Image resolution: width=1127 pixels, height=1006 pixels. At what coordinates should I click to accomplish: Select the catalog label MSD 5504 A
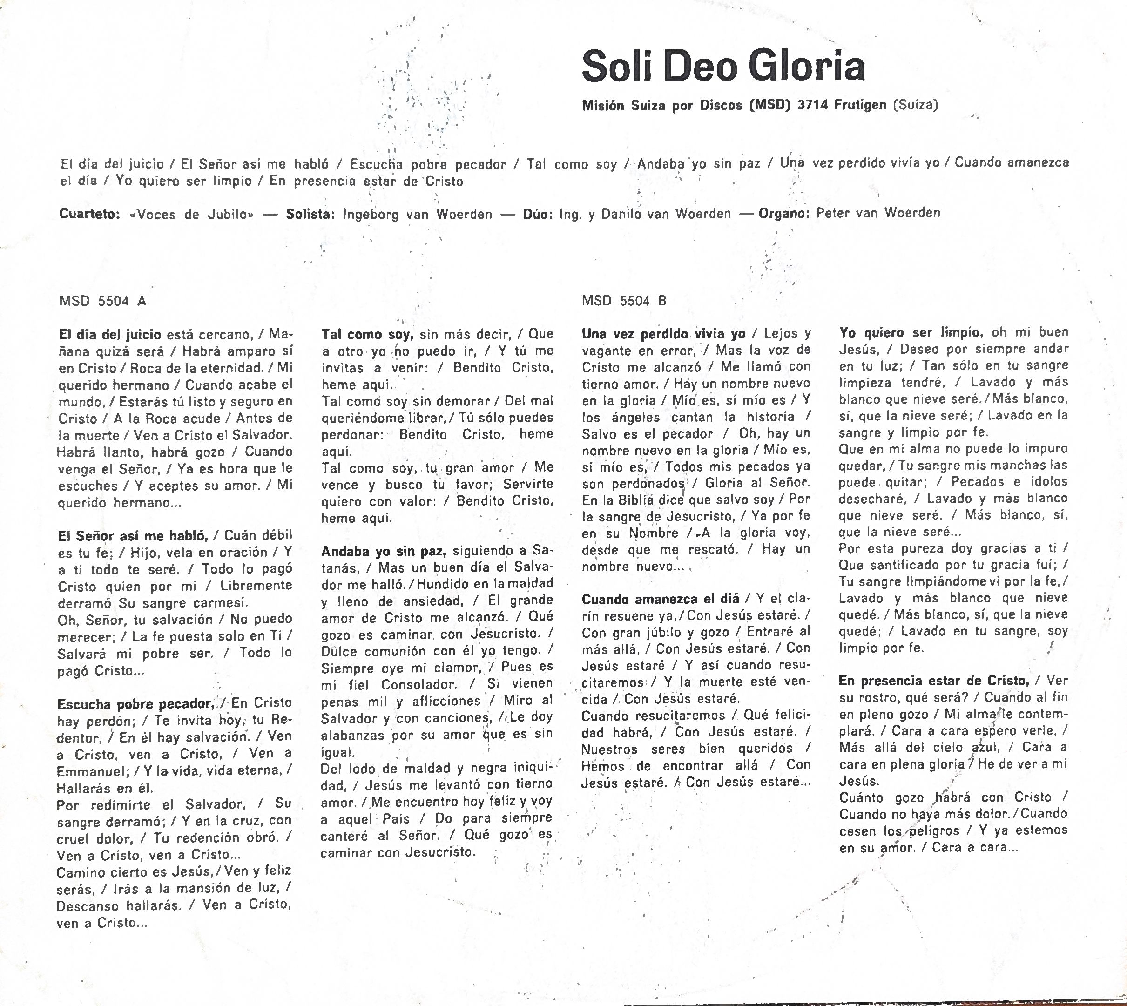tap(102, 301)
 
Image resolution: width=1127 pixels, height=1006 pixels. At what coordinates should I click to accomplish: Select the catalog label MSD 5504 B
tap(624, 301)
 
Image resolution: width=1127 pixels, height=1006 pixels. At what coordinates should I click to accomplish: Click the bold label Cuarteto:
tap(89, 214)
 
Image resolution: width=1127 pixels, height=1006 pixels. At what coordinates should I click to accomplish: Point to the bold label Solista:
tap(310, 214)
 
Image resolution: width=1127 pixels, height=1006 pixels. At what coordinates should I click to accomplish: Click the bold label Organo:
tap(783, 213)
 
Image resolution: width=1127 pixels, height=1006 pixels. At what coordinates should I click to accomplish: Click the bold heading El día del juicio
tap(109, 334)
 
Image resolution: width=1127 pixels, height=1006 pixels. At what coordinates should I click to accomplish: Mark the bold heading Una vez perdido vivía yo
tap(664, 334)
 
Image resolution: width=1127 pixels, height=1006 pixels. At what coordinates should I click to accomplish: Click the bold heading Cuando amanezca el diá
tap(661, 599)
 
